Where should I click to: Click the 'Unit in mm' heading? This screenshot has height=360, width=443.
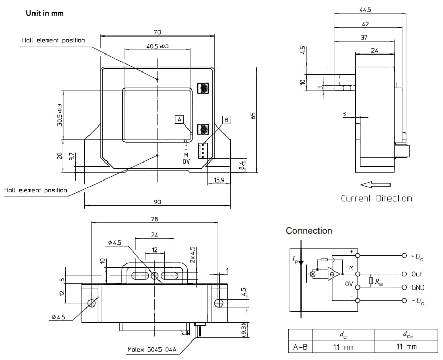[x=45, y=13]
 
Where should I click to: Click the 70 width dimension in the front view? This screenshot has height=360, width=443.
[x=158, y=32]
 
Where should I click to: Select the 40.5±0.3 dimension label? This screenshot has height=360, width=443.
[x=157, y=46]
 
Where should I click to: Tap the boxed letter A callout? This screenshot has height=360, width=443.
[x=180, y=119]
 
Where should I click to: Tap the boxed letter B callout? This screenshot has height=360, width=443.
[x=226, y=119]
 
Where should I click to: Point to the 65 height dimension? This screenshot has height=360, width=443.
[x=253, y=116]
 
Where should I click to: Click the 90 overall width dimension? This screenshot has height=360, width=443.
[x=157, y=201]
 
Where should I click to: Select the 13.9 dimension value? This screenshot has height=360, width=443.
[x=218, y=179]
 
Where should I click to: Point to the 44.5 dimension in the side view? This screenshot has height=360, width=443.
[x=366, y=9]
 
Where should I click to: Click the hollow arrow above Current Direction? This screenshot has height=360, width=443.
[x=375, y=184]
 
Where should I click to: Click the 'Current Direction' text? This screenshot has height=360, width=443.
[x=376, y=199]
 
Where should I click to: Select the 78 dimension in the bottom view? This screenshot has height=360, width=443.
[x=154, y=219]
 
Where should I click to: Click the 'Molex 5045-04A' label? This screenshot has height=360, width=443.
[x=152, y=350]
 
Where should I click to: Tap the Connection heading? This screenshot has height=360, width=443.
[x=309, y=231]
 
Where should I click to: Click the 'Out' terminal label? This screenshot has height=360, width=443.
[x=416, y=274]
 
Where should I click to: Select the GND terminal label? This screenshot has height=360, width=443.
[x=417, y=287]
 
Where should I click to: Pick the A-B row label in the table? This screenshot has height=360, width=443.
[x=300, y=347]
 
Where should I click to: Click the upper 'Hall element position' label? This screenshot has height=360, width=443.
[x=54, y=40]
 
